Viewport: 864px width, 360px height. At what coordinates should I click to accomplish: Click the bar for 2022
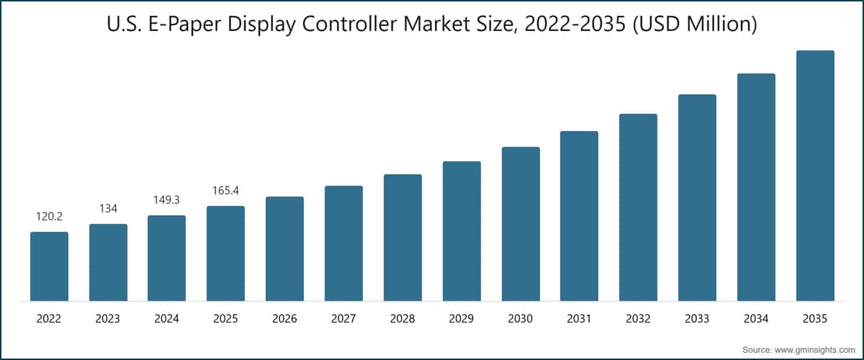(x=49, y=266)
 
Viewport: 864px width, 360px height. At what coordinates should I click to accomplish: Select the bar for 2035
(x=815, y=176)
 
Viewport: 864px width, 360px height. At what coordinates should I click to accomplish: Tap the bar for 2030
(x=521, y=224)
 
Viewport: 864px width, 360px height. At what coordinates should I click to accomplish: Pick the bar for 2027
(x=343, y=243)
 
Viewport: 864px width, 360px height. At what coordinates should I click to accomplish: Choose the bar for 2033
(x=697, y=198)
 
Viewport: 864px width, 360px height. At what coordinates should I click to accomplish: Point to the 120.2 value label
(x=49, y=217)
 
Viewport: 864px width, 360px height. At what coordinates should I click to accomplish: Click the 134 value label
(x=108, y=209)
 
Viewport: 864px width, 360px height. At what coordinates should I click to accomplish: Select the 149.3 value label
(x=167, y=200)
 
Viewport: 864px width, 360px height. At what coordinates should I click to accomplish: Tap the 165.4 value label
(x=225, y=191)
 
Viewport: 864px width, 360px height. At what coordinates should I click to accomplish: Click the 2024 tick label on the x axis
(x=167, y=318)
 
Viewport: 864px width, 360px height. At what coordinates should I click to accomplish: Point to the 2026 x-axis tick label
(x=284, y=318)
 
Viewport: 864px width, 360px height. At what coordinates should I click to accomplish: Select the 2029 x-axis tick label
(x=462, y=318)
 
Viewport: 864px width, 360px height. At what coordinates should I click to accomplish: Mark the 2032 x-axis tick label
(x=638, y=318)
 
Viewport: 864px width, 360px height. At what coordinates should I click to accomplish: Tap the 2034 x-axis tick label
(x=756, y=318)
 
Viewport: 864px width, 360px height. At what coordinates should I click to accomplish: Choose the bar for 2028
(x=402, y=238)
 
